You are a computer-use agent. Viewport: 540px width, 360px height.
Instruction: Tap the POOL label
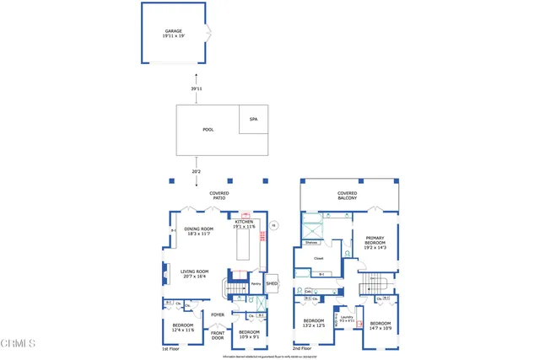[208, 130]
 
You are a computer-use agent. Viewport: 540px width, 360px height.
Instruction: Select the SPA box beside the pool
[253, 120]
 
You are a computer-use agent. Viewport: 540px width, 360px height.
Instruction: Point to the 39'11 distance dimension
[196, 89]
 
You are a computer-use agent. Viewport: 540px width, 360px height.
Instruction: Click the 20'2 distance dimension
[196, 171]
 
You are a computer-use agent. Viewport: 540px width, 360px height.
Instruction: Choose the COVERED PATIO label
[219, 196]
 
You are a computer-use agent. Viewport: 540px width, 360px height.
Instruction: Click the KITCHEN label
[245, 223]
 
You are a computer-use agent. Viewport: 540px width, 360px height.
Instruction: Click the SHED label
[272, 284]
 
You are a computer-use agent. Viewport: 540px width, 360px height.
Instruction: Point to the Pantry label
[255, 284]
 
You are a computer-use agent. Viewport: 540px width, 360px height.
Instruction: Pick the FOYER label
[218, 315]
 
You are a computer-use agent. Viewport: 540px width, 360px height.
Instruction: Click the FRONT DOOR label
[218, 335]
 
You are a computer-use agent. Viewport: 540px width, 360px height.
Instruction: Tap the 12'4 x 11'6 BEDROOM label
[182, 327]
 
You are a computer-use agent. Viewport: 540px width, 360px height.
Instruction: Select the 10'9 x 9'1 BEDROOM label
[249, 334]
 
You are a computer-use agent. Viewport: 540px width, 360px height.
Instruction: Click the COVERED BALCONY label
[347, 196]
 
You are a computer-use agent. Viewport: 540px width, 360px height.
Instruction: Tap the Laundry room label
[345, 319]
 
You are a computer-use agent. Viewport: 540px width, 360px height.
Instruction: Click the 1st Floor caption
[171, 347]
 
